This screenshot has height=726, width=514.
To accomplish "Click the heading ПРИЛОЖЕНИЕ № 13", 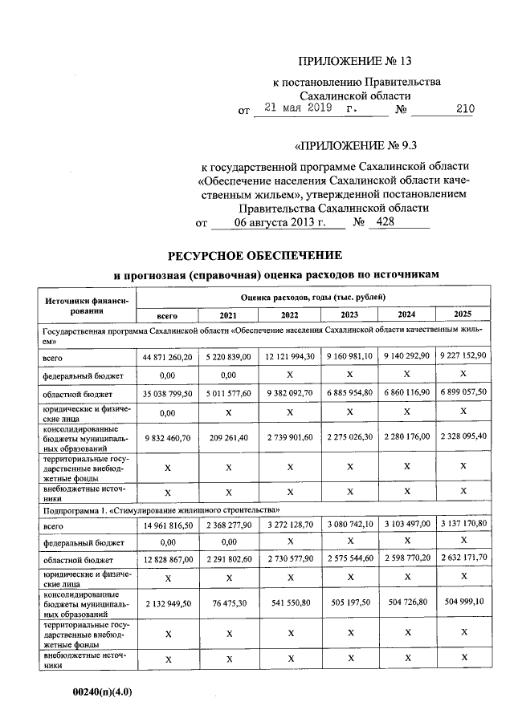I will (x=359, y=61).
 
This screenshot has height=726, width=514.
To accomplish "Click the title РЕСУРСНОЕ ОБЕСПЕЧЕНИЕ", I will (x=255, y=256).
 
